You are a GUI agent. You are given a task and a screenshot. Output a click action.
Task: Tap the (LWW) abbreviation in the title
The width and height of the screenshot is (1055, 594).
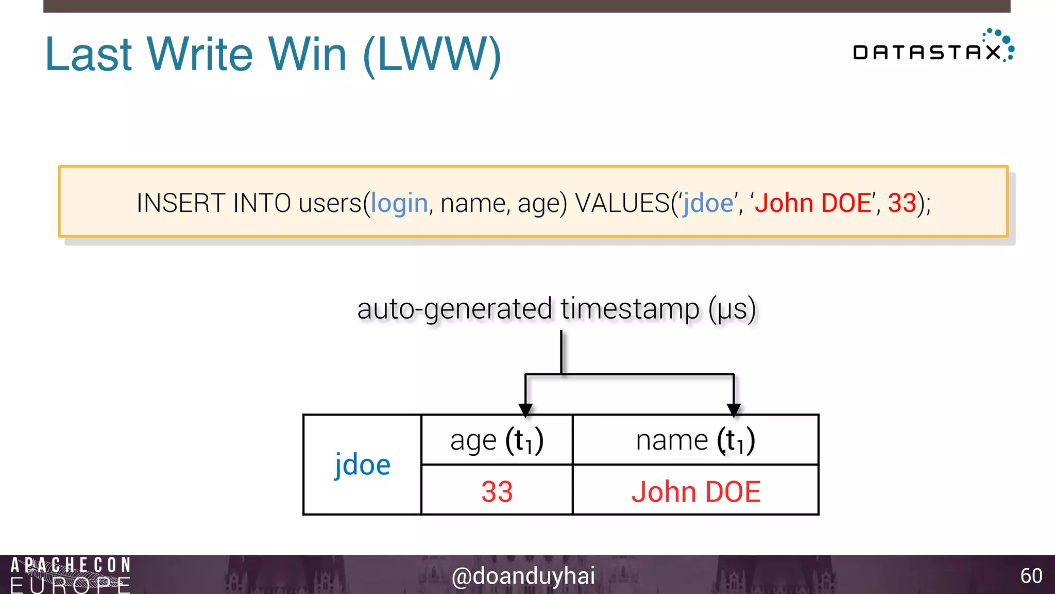tap(432, 55)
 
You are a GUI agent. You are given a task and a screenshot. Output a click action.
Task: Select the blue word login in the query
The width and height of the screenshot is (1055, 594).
tap(399, 203)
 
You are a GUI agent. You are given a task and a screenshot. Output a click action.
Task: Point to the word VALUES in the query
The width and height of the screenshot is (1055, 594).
tap(622, 203)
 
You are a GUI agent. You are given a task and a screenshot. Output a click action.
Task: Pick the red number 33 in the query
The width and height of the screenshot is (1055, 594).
tap(902, 203)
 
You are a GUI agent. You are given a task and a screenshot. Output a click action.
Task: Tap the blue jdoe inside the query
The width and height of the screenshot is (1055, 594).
tap(708, 203)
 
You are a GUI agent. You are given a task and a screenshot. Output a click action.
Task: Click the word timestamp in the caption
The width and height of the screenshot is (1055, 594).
tap(630, 309)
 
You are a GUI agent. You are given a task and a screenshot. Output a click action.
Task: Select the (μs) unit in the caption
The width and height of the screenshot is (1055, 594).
tap(732, 309)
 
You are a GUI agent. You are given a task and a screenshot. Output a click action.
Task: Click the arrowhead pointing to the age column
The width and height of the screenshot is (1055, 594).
tap(525, 410)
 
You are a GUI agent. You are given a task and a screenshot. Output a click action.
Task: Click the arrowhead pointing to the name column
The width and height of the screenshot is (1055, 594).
tap(734, 410)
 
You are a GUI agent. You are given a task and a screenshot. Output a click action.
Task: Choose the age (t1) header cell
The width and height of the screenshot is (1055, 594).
tap(497, 440)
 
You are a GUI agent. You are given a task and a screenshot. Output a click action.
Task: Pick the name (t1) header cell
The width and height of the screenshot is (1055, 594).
tap(695, 440)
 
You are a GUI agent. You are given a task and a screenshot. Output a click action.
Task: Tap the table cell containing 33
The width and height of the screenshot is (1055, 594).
tap(497, 490)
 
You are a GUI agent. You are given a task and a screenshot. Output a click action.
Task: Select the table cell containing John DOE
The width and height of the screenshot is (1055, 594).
tap(695, 490)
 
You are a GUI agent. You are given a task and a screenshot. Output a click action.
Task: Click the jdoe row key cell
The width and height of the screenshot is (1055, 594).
tap(362, 465)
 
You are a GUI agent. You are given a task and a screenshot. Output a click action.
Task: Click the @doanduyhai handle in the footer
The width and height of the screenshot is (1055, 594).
tap(523, 575)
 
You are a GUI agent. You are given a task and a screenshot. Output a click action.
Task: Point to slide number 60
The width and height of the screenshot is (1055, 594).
tap(1031, 575)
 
